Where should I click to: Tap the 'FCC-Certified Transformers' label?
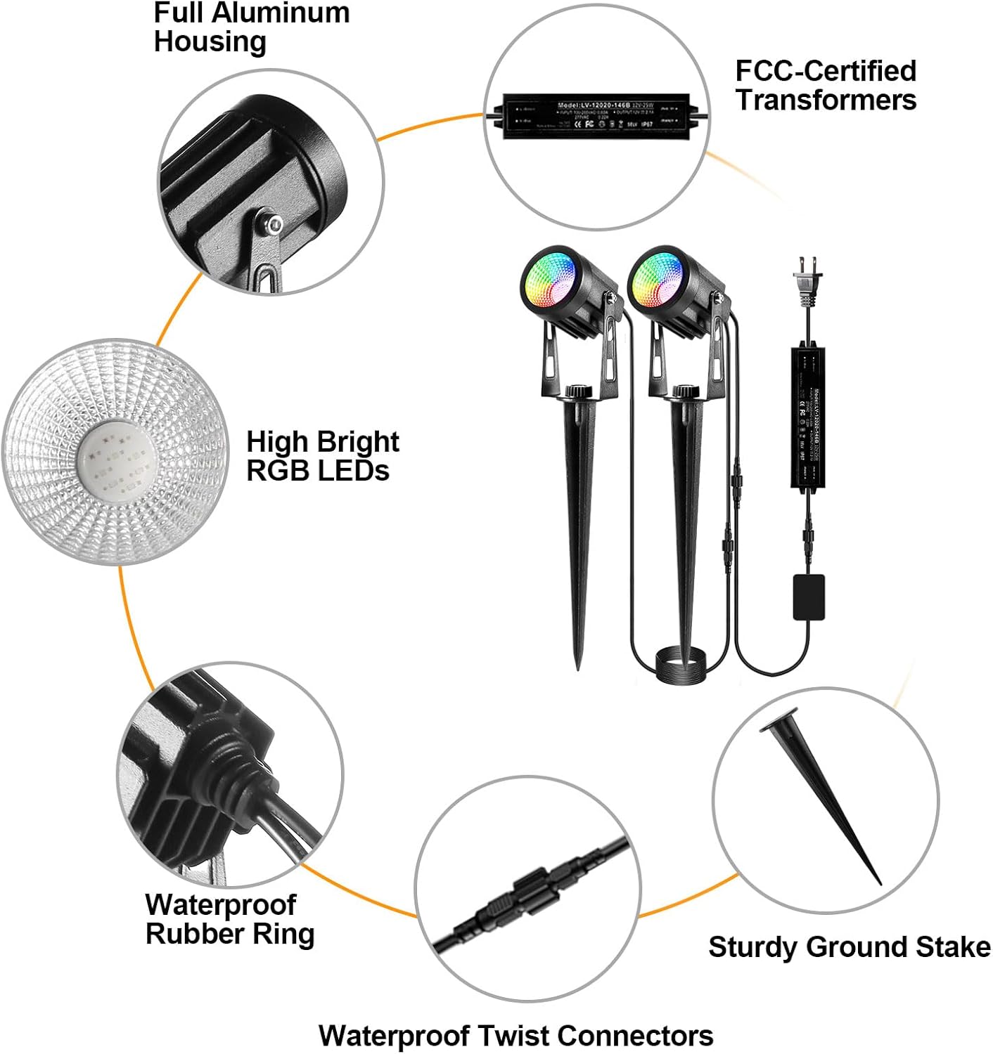click(x=826, y=85)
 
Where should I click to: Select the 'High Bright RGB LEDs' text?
click(x=322, y=456)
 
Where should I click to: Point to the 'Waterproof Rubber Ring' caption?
click(x=229, y=919)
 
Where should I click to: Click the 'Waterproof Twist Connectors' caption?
click(x=515, y=1035)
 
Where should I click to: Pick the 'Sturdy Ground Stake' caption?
click(x=849, y=946)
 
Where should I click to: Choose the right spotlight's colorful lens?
click(x=657, y=280)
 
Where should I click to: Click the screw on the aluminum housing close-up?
click(x=272, y=224)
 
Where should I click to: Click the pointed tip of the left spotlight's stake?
click(x=578, y=665)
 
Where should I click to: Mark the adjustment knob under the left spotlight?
click(x=578, y=391)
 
